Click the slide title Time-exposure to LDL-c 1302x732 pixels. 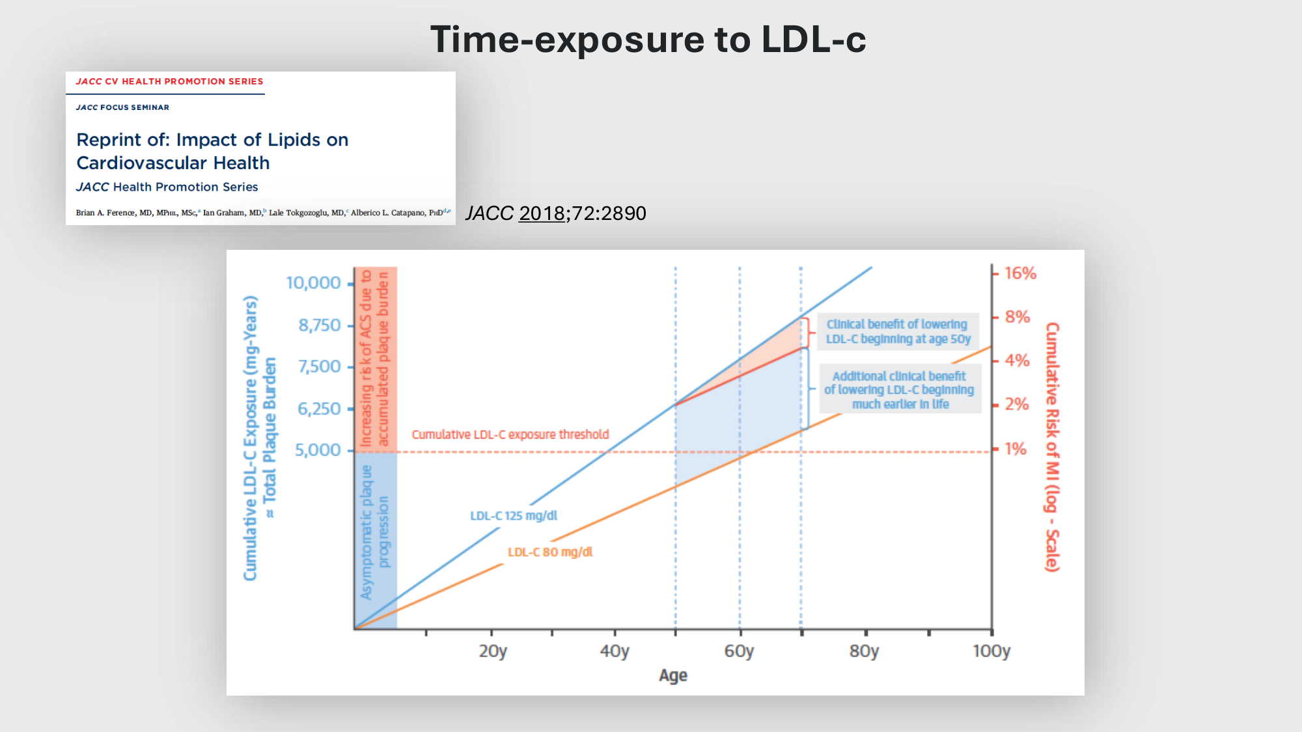pos(648,39)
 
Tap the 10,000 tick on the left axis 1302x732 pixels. pos(313,283)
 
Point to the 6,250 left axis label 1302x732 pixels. pos(319,409)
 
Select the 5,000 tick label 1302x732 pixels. pos(318,450)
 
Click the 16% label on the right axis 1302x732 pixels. pos(1019,273)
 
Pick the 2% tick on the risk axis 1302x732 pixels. pos(1016,404)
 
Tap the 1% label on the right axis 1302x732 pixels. pos(1015,448)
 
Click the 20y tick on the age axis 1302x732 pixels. pos(493,651)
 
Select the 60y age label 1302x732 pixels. pos(739,651)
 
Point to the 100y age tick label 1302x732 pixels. pos(991,651)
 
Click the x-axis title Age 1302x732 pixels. pos(673,675)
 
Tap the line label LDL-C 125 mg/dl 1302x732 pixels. pos(514,515)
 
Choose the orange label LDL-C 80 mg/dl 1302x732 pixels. pos(550,552)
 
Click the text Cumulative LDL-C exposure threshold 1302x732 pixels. pos(510,434)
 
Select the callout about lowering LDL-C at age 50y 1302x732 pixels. pos(898,331)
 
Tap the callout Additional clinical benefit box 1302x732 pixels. pos(900,390)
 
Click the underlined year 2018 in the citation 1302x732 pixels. pos(542,213)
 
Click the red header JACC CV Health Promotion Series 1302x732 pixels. pos(169,81)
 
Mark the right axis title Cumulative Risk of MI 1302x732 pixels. pos(1052,447)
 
